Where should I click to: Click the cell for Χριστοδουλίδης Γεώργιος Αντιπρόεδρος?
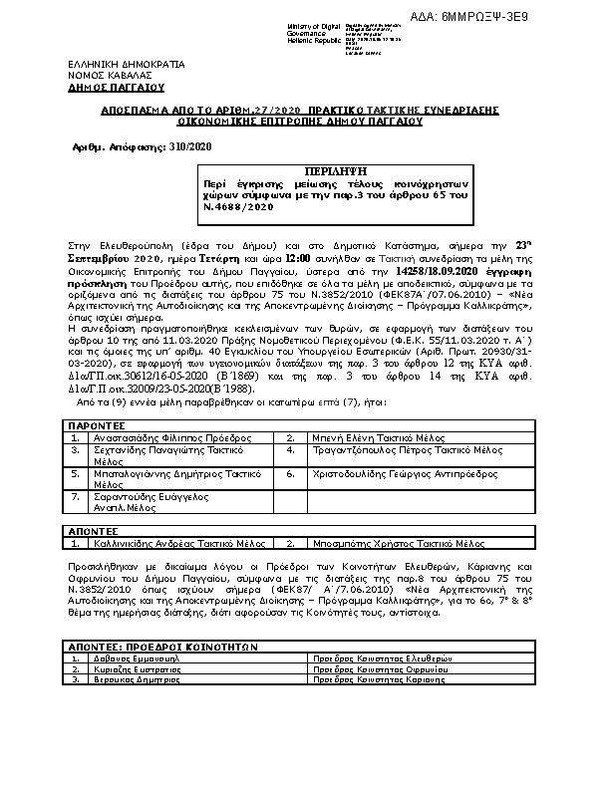tap(399, 474)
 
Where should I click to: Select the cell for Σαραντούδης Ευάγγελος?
tap(150, 499)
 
